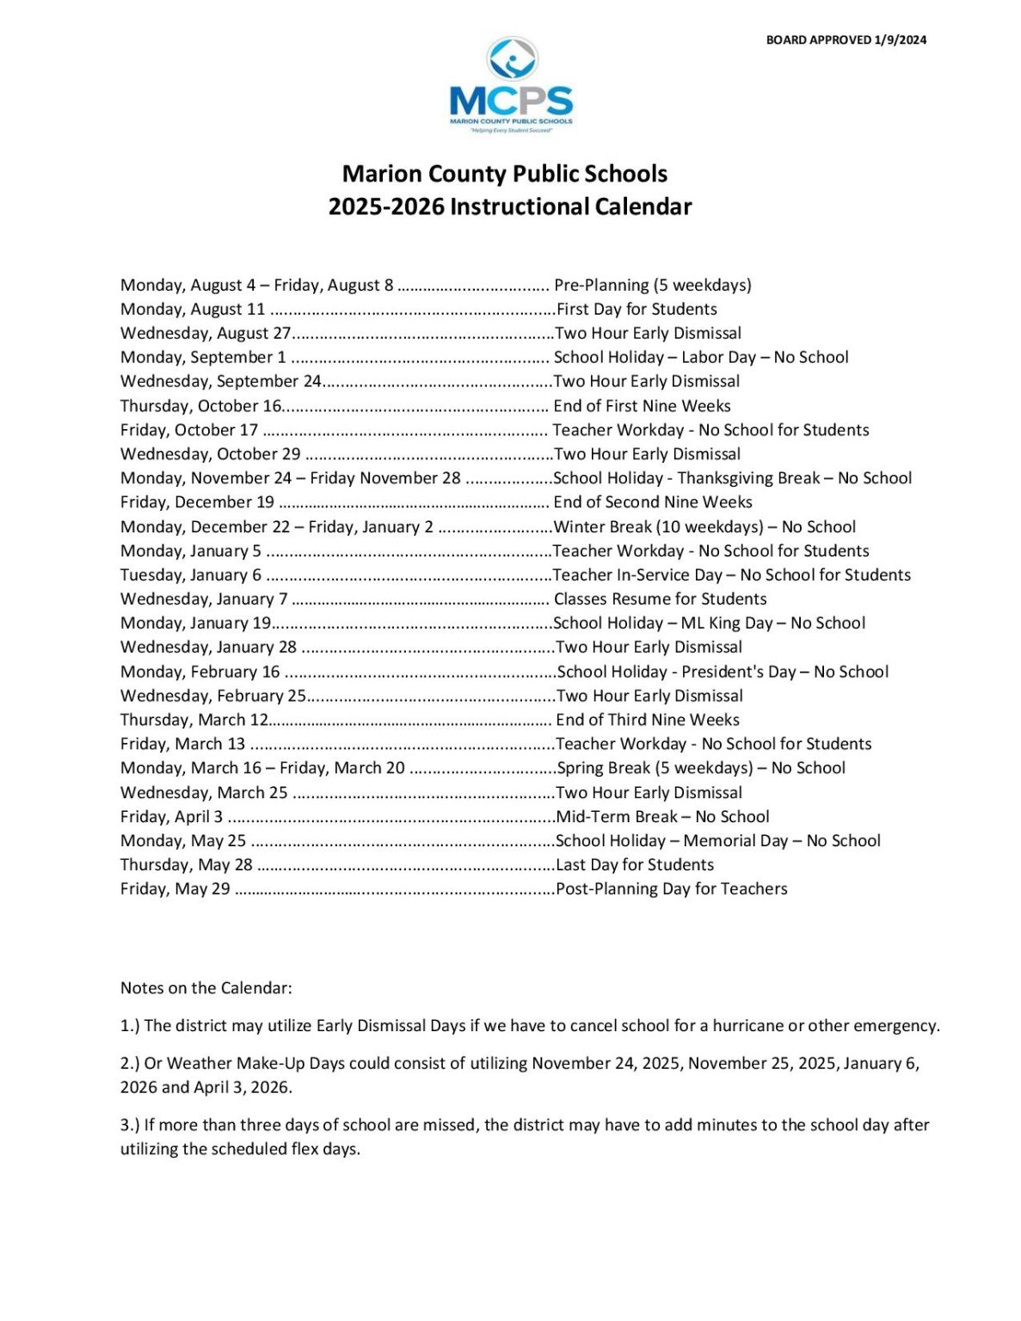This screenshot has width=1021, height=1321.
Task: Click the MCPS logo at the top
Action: click(511, 85)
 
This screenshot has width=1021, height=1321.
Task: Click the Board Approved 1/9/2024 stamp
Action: click(846, 40)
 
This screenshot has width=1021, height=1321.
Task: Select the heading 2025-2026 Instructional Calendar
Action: click(509, 207)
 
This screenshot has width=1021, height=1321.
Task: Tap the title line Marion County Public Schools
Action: click(505, 174)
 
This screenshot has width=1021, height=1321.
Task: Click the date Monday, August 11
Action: click(193, 310)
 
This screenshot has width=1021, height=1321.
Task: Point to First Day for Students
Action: click(637, 310)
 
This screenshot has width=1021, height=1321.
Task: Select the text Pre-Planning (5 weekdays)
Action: click(652, 286)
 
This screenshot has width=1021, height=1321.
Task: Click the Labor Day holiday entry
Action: click(700, 358)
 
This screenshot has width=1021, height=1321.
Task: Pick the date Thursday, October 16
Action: click(200, 406)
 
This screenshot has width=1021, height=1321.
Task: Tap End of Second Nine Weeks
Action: click(653, 502)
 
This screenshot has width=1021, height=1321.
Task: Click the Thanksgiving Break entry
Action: click(732, 478)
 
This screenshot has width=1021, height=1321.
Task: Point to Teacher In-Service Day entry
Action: click(731, 575)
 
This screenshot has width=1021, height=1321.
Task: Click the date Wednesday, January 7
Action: click(204, 599)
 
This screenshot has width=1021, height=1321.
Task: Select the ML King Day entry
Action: click(709, 624)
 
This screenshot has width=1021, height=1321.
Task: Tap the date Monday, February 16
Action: click(200, 672)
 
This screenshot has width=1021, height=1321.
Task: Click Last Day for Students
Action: click(635, 865)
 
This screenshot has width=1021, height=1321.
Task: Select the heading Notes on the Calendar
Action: click(206, 988)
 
